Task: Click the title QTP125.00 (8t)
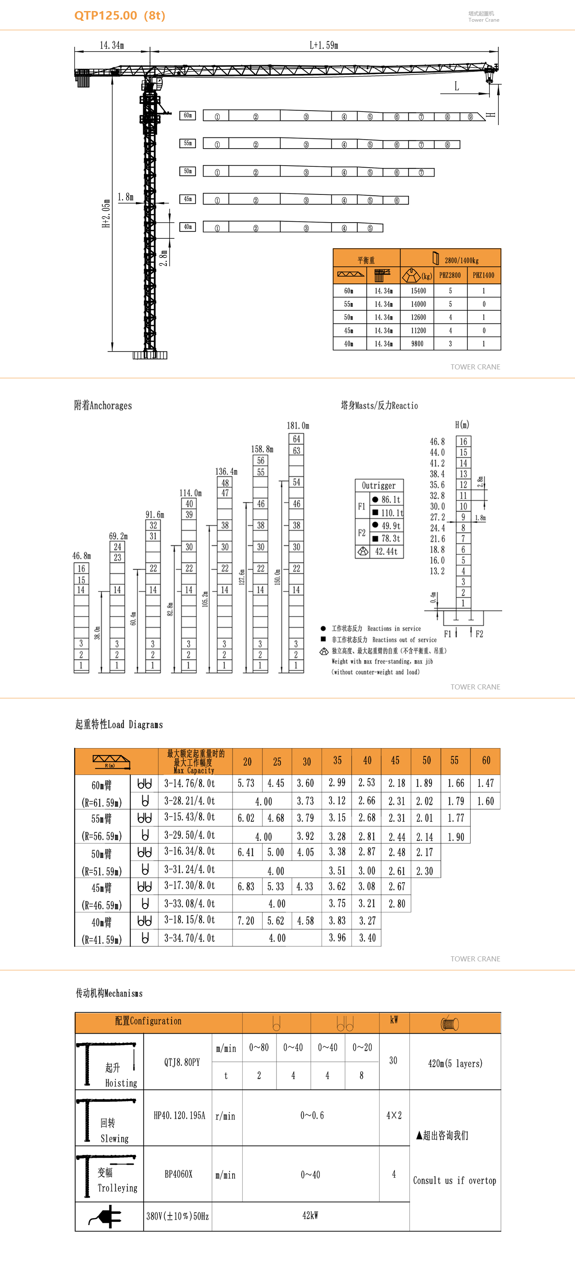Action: (120, 16)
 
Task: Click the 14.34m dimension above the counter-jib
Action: (112, 46)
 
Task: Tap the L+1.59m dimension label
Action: (324, 46)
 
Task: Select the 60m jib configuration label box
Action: (187, 115)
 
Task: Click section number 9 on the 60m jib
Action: (470, 117)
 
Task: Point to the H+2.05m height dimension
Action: (106, 214)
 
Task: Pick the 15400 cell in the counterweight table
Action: (418, 291)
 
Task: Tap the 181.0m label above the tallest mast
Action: (298, 426)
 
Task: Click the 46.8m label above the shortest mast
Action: (81, 556)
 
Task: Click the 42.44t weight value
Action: (386, 551)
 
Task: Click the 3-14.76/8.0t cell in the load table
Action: (190, 783)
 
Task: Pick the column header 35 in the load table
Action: (337, 760)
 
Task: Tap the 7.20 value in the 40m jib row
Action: (246, 921)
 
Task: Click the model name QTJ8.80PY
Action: (182, 1062)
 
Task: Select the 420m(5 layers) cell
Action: (455, 1063)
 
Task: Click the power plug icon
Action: (107, 1216)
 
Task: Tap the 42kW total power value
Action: (310, 1215)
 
